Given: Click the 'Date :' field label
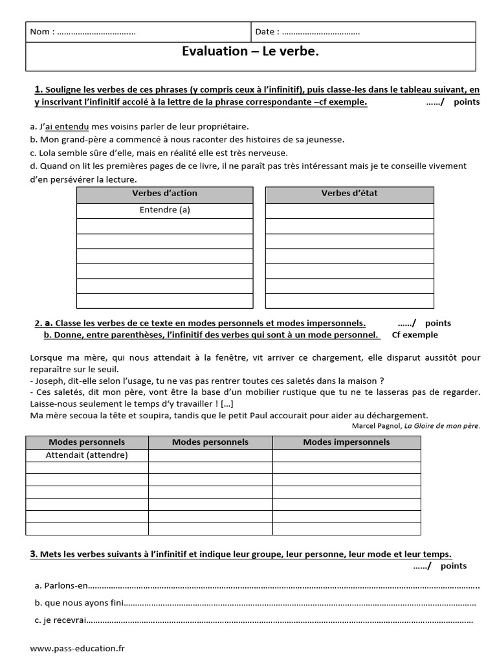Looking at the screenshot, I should (x=267, y=32).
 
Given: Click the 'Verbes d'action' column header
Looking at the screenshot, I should (x=164, y=194).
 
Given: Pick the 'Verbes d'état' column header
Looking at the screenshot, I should (x=349, y=194).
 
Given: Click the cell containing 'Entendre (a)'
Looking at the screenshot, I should (x=164, y=210).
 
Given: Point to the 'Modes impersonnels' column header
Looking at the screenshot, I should (x=346, y=442).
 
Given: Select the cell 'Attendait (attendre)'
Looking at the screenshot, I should (x=87, y=455).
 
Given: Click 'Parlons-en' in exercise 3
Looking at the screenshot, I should (x=65, y=587).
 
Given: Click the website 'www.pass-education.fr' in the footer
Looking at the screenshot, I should (x=78, y=647).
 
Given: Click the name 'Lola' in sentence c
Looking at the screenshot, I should (x=48, y=152).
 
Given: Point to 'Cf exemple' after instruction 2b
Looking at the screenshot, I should (x=415, y=335).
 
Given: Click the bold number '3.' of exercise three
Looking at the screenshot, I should (x=34, y=554).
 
